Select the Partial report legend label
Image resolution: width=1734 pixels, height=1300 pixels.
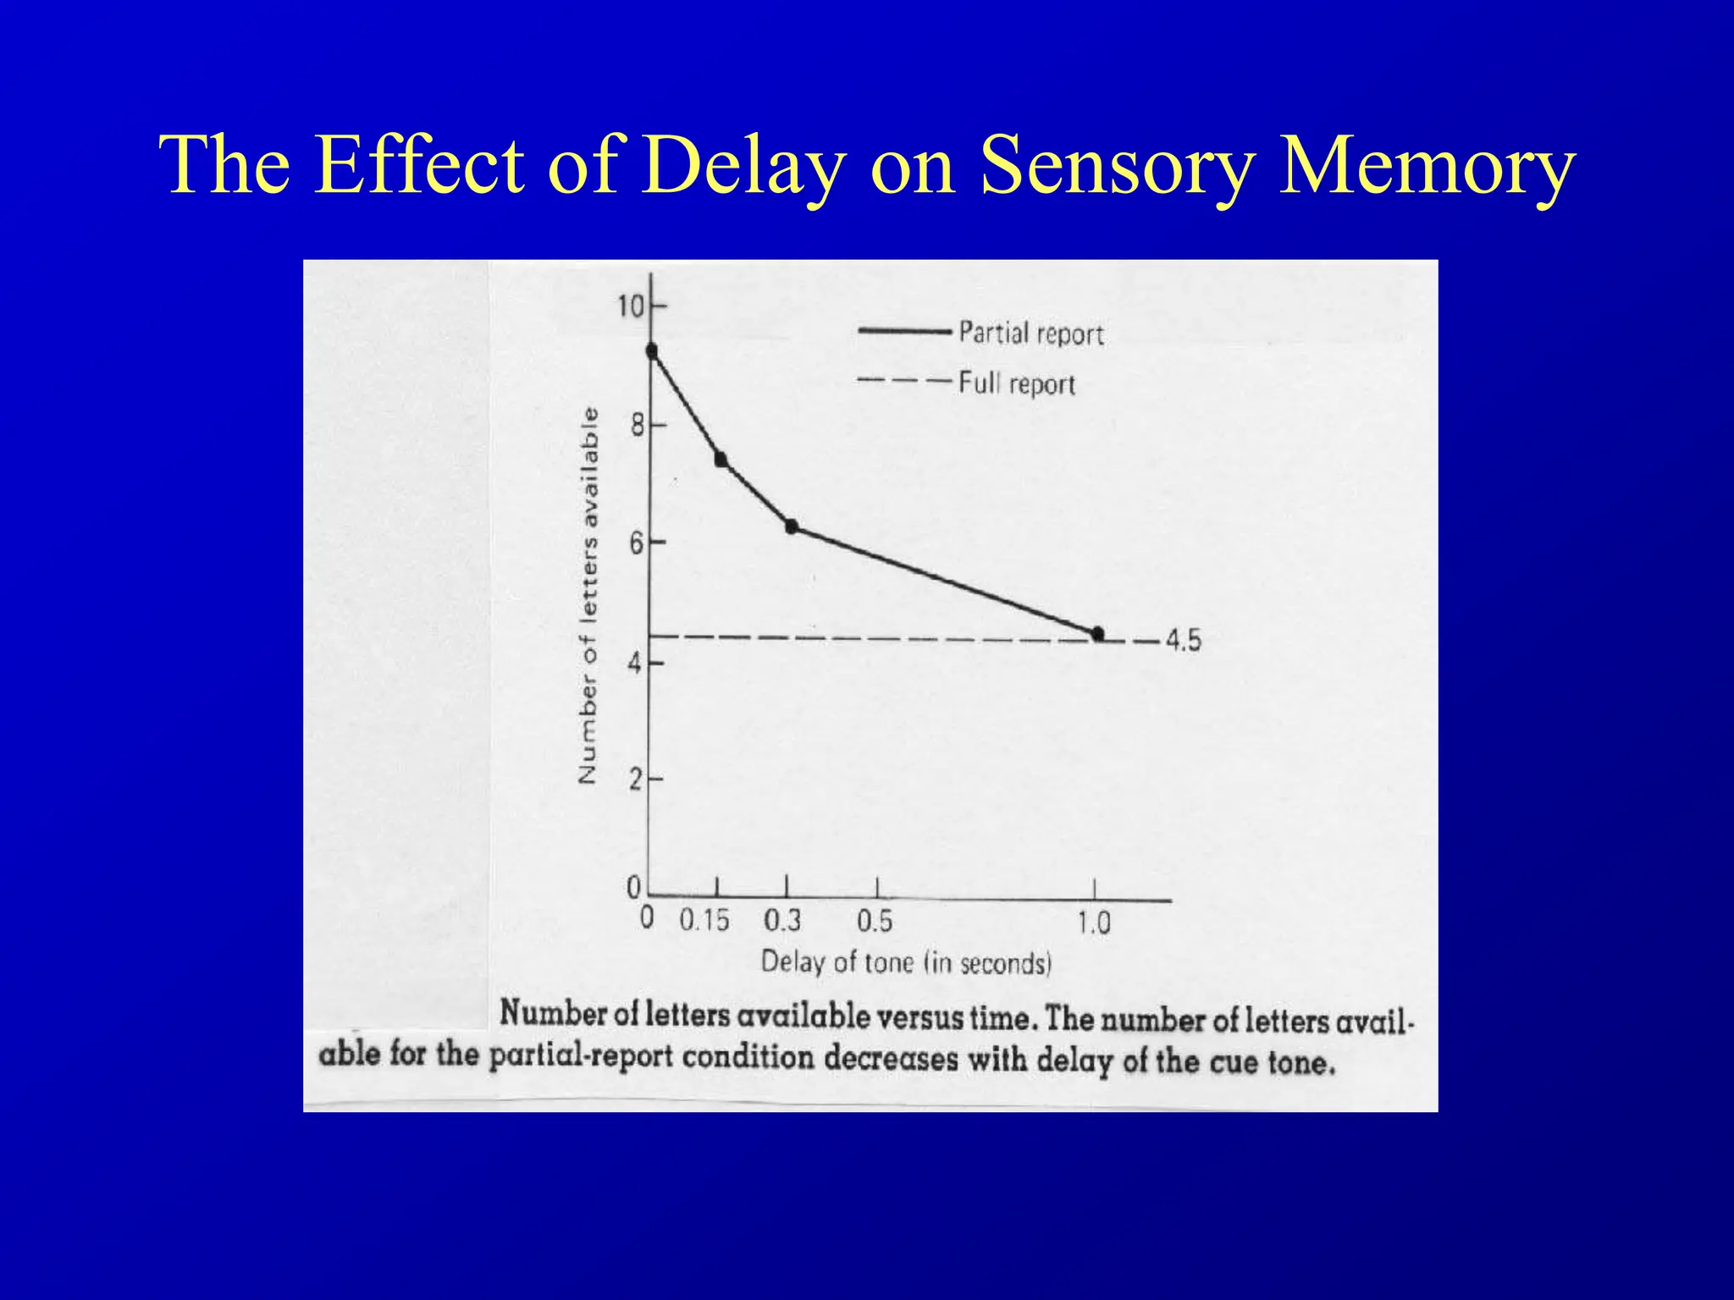(1030, 333)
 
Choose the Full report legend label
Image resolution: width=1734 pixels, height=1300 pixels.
(1016, 384)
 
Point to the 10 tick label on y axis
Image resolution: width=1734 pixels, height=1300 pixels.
(631, 306)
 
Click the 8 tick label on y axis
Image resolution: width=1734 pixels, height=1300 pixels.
(638, 425)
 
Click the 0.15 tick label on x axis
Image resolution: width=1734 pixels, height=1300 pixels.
(704, 920)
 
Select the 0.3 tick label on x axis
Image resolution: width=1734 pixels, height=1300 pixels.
(782, 920)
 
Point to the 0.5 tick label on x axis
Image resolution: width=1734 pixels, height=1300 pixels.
(875, 921)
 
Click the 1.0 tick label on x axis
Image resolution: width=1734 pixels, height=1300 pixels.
(1093, 922)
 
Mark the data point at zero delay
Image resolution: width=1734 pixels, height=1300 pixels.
(651, 350)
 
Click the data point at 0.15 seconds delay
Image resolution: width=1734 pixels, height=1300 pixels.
(721, 460)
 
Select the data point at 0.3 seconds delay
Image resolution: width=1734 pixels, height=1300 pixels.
(792, 526)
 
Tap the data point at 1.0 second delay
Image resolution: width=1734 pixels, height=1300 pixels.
(1098, 634)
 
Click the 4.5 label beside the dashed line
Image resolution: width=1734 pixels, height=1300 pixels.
(1183, 641)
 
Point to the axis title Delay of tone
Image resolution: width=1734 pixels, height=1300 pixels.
(906, 963)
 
